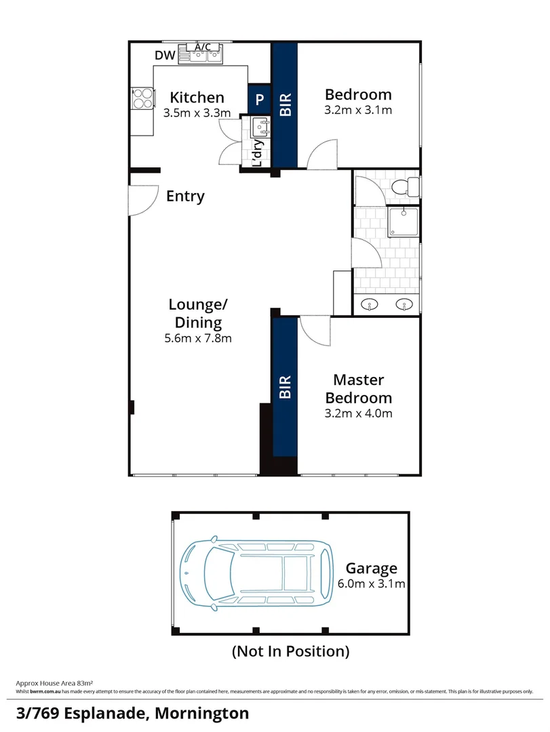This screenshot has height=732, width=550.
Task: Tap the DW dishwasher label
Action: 165,56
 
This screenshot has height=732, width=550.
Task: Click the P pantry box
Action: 260,100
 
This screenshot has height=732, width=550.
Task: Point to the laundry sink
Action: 260,126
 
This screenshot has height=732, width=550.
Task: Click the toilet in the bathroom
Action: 408,186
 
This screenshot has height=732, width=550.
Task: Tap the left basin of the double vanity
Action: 370,304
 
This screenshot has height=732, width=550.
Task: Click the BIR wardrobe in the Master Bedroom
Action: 285,386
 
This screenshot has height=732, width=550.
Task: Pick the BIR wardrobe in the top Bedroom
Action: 285,105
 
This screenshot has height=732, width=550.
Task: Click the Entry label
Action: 185,197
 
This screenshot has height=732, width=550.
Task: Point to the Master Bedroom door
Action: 313,329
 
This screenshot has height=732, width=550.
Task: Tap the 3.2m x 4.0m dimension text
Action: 358,413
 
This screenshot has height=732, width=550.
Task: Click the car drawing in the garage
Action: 256,571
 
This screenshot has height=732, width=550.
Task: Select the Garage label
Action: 371,568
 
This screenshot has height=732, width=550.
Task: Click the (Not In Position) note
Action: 291,652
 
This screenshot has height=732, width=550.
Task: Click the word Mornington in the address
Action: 202,713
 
